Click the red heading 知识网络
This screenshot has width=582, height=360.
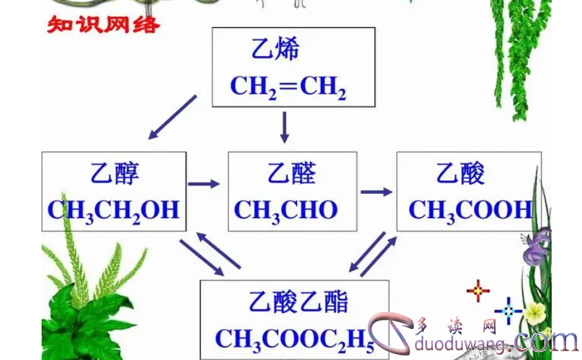tap(103, 26)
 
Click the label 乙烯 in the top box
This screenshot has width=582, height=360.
tap(275, 49)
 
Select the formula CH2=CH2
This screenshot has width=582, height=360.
tap(288, 86)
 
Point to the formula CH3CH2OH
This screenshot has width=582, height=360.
tap(113, 210)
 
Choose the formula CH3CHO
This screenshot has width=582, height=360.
tap(286, 210)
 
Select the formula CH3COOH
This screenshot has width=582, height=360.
tap(470, 210)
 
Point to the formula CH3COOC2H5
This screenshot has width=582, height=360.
tap(294, 339)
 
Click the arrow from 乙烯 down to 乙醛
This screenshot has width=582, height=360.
tap(285, 127)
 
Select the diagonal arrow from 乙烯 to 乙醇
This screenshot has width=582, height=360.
tap(172, 117)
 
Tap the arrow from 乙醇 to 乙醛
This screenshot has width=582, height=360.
tap(204, 183)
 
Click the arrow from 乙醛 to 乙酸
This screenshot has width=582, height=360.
tap(376, 192)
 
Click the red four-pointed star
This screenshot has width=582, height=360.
tap(478, 290)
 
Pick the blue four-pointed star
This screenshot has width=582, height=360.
tap(508, 310)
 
